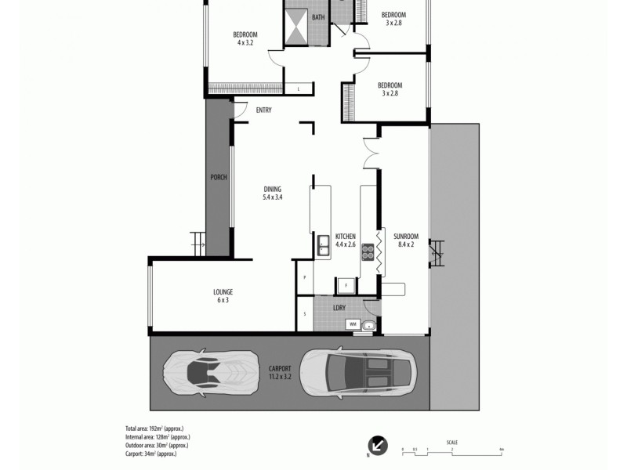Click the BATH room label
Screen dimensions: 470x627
318,17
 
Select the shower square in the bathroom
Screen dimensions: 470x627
296,27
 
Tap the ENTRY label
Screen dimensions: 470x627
264,110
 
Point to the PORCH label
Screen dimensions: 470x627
219,178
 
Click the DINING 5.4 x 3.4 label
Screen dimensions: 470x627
273,193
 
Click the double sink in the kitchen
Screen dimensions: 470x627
322,246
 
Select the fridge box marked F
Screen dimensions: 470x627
345,285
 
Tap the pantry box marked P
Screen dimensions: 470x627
304,277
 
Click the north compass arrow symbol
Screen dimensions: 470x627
378,445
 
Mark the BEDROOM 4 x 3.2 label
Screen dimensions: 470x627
245,38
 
